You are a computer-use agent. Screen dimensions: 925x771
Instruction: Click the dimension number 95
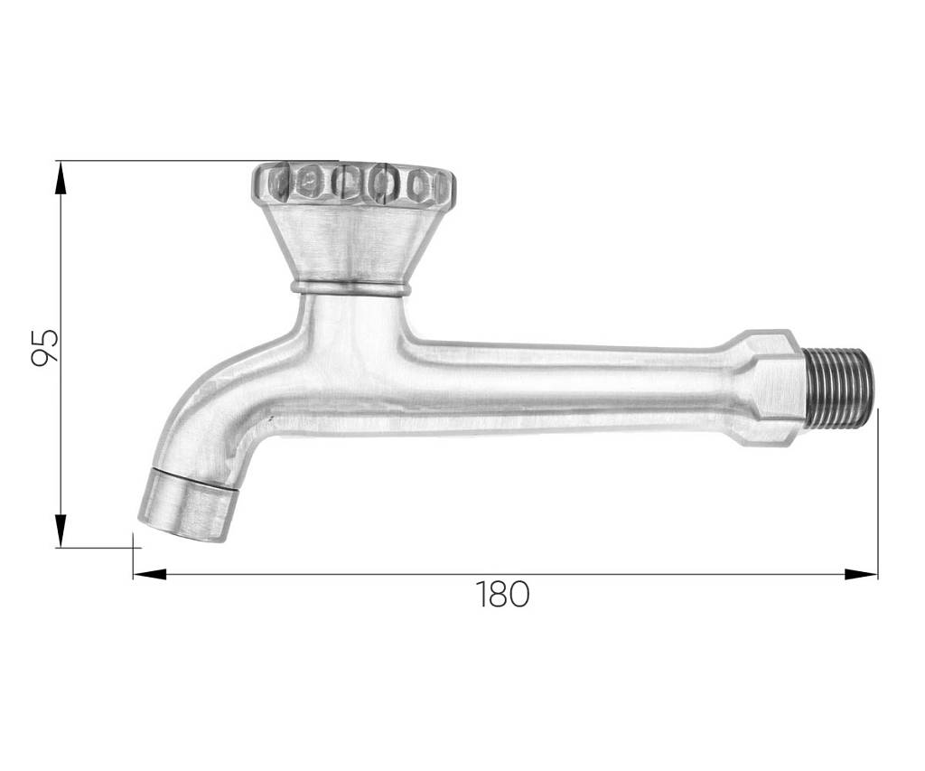[45, 347]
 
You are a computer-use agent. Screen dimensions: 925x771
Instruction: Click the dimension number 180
[502, 594]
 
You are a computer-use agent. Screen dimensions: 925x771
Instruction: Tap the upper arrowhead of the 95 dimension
[61, 178]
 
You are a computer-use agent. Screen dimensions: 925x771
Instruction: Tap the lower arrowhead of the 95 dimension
[61, 531]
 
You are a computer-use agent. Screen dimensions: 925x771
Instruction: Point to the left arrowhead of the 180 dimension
[150, 574]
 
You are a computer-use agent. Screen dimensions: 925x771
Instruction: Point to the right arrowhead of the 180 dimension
[861, 574]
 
